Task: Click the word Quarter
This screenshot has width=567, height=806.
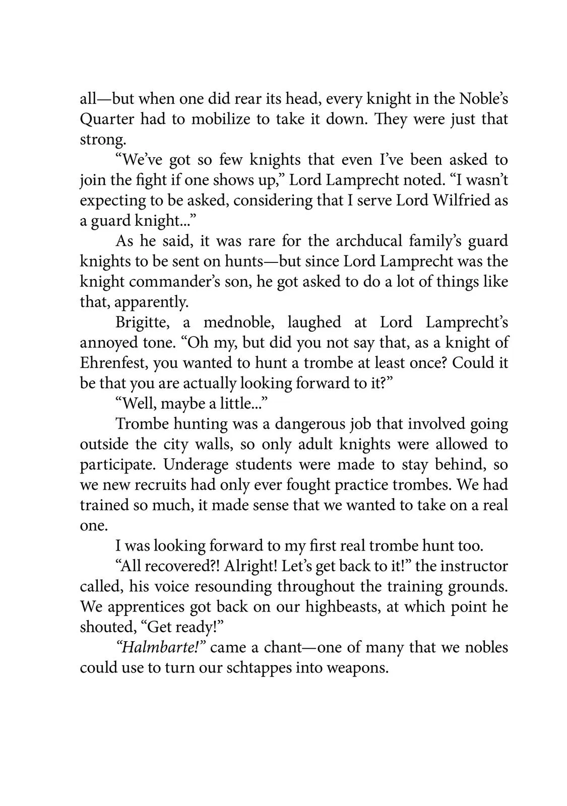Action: (107, 119)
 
